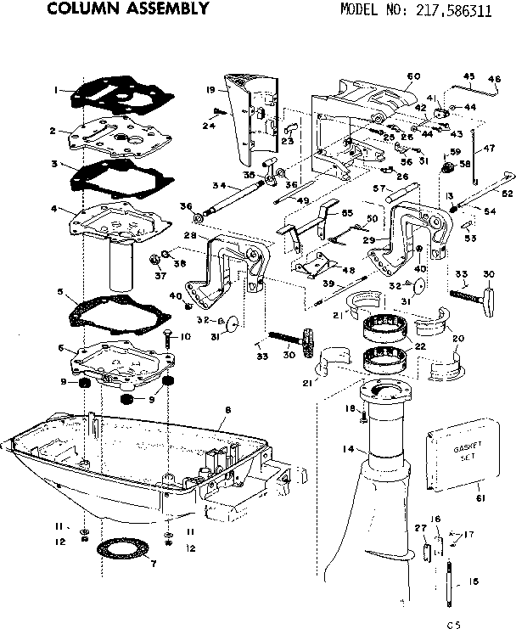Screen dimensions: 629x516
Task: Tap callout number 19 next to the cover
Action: coord(209,89)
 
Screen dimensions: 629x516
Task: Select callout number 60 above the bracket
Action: coord(413,77)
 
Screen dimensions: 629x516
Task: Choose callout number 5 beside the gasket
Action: coord(59,291)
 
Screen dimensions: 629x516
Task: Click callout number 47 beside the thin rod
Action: coord(490,148)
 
